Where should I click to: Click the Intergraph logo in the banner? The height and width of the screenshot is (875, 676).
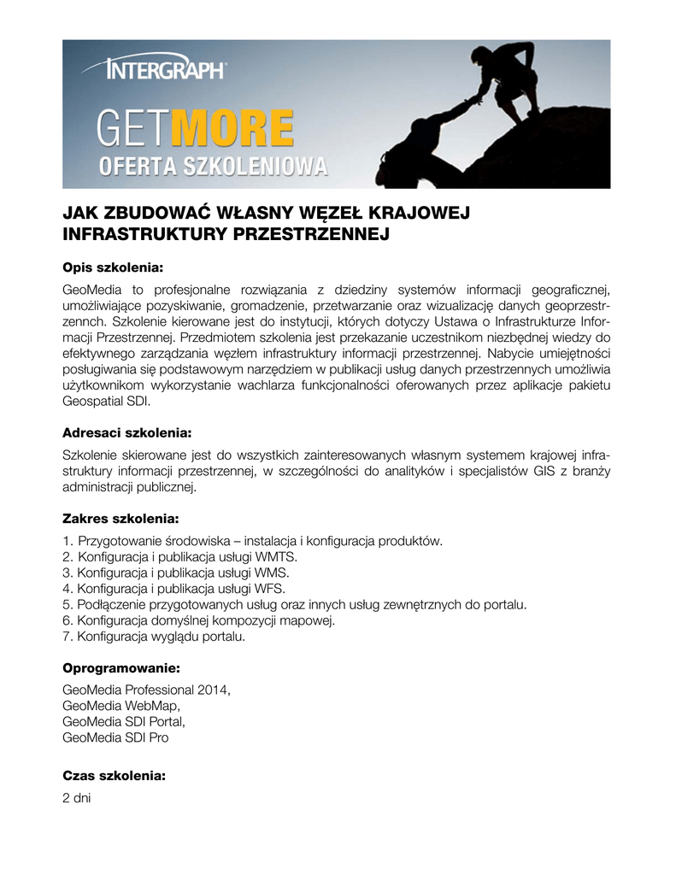(x=165, y=68)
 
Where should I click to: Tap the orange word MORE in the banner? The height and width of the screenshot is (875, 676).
(x=232, y=128)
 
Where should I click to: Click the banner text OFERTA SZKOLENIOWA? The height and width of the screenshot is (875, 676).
(x=214, y=166)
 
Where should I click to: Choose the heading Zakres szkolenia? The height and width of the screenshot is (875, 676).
(x=121, y=518)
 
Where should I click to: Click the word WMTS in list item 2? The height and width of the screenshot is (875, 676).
(x=279, y=556)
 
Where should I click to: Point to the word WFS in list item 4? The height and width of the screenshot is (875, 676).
(x=271, y=589)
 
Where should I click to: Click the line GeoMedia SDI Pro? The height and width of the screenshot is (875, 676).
(x=116, y=737)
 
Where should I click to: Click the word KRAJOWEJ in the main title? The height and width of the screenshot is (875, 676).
(x=418, y=212)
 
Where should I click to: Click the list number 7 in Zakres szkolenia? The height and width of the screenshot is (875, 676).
(x=67, y=637)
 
